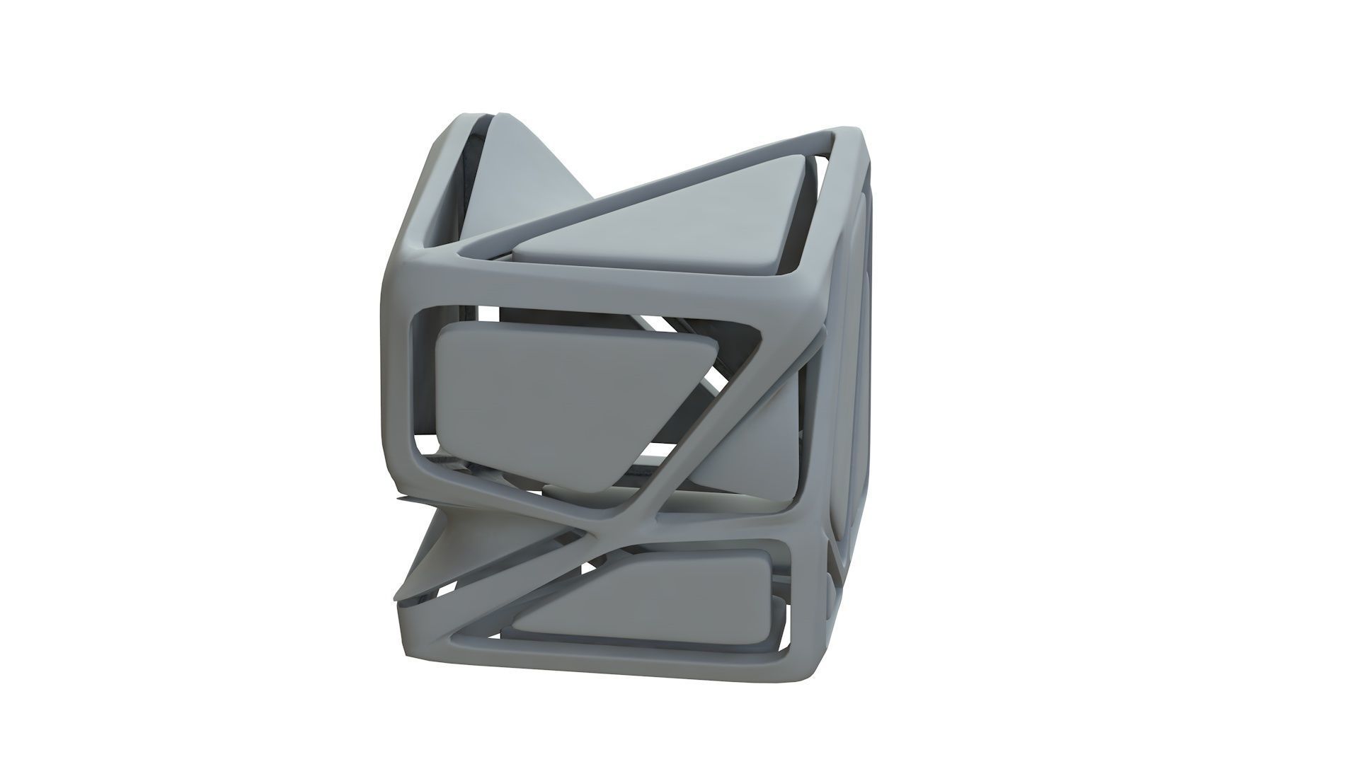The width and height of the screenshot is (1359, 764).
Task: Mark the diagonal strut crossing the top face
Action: (637, 198)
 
